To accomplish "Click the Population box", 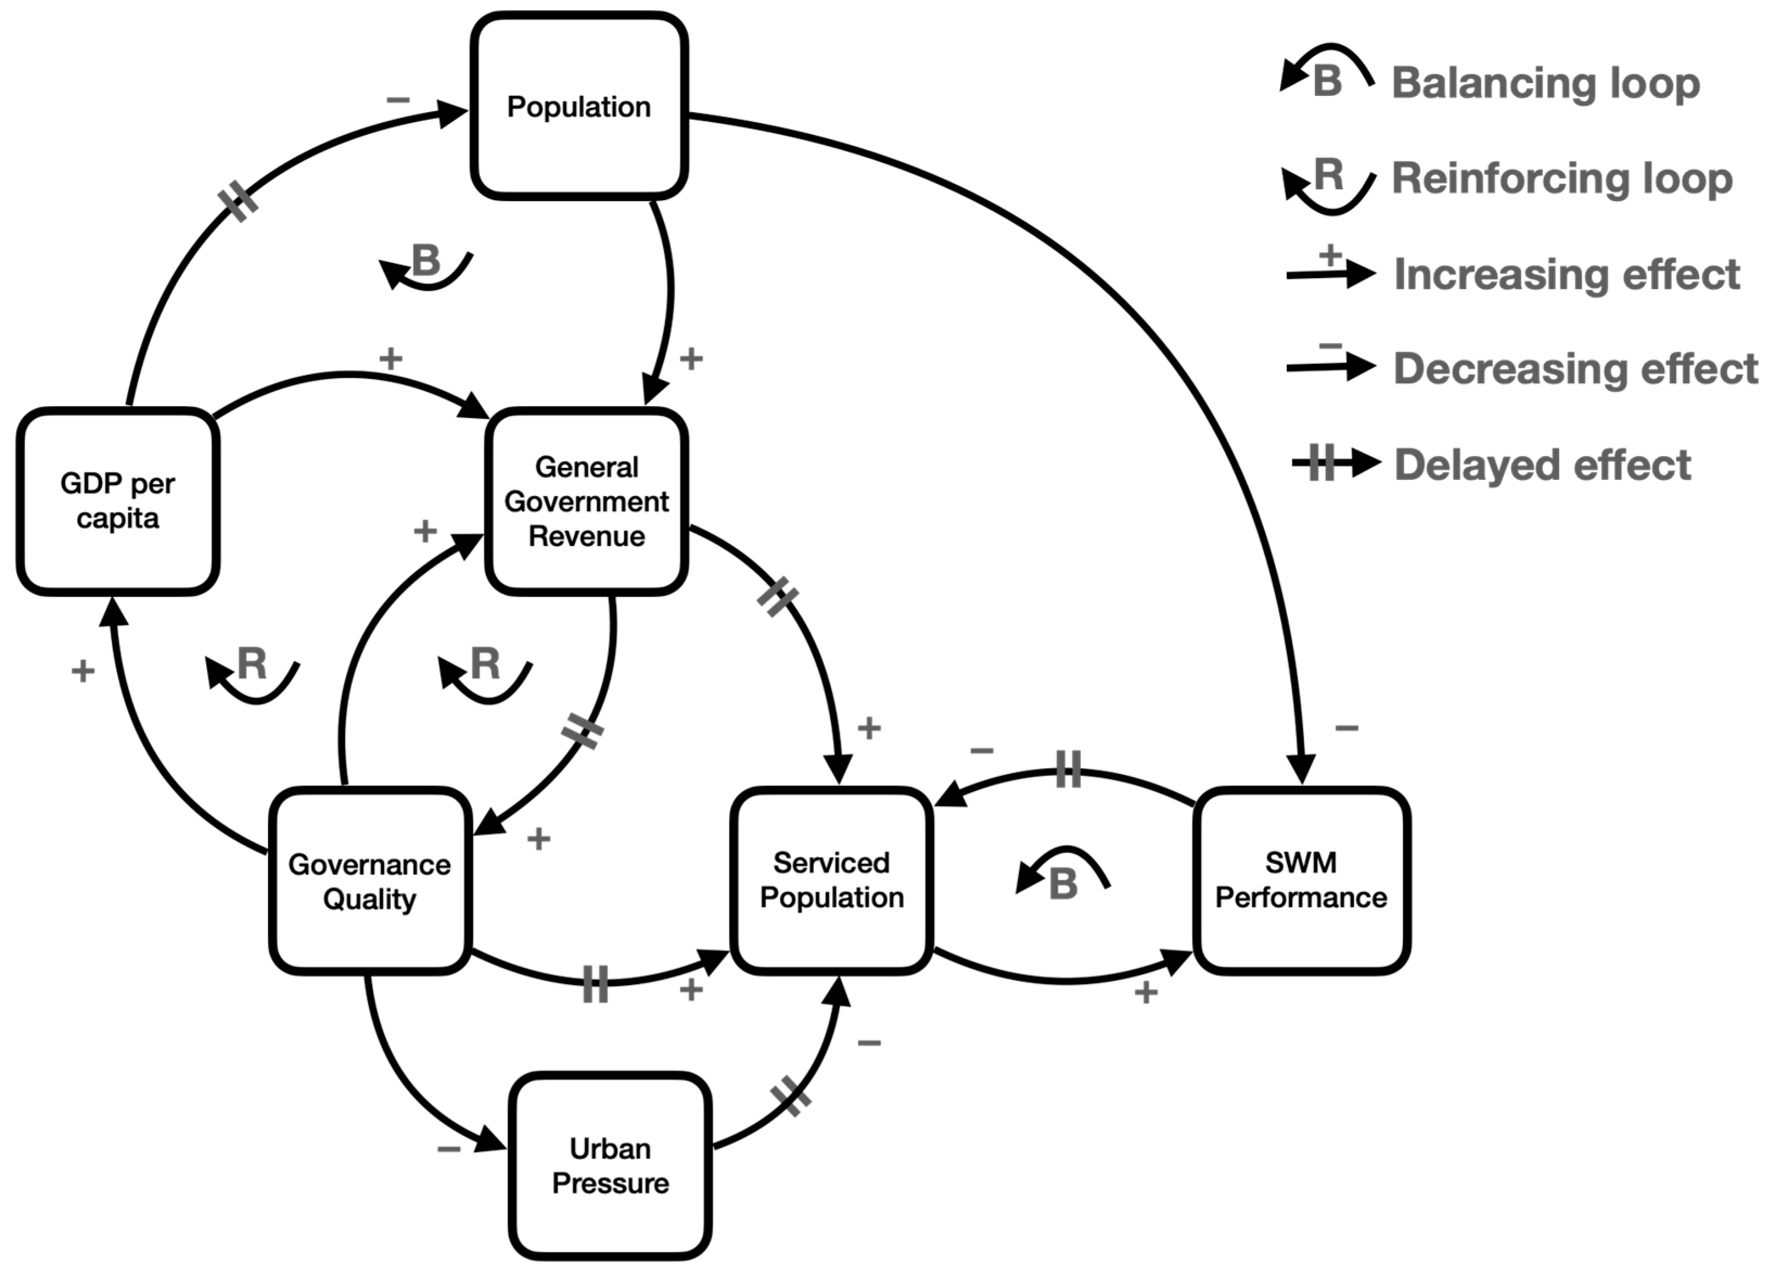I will click(579, 106).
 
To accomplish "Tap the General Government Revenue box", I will click(587, 501).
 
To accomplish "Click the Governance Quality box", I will click(370, 881).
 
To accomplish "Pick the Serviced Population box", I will click(831, 880).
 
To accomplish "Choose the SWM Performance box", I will click(1301, 880).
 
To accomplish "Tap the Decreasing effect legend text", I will click(1575, 369).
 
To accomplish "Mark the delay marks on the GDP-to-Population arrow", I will click(239, 202).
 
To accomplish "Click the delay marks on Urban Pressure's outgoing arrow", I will click(790, 1097).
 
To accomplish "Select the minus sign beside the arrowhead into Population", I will click(398, 100).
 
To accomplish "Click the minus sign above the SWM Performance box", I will click(1346, 728).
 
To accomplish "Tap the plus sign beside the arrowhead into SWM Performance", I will click(1145, 993).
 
